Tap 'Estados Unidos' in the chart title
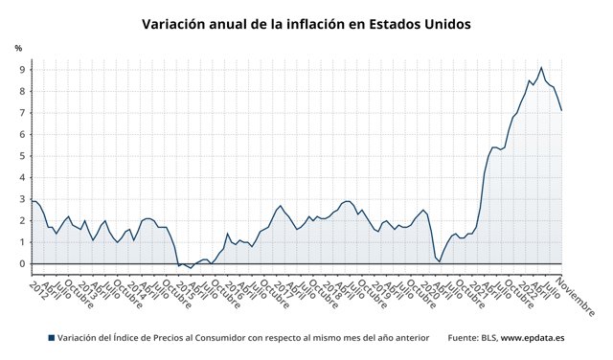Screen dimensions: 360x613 423,24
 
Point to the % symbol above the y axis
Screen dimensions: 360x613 18,49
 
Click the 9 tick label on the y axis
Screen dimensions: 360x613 20,70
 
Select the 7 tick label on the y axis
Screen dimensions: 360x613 20,113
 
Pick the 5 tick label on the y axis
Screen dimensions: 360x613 20,156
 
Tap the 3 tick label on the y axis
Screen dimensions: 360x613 20,199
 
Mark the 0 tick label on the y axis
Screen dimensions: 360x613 20,264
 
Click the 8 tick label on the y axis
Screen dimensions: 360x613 20,91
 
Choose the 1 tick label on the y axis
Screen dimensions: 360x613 20,242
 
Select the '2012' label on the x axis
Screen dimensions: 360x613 37,288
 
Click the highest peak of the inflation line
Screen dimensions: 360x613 541,67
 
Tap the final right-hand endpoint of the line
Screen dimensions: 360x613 561,110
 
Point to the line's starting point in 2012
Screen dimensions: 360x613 32,200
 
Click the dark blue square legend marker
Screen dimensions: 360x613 51,338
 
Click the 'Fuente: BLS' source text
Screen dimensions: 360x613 471,338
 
